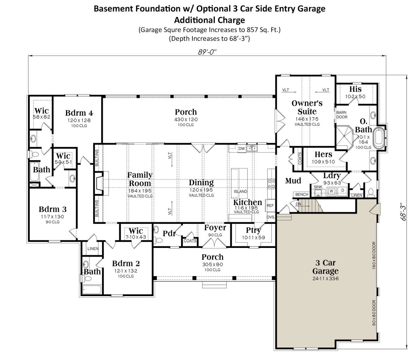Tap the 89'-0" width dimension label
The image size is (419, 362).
pyautogui.click(x=207, y=52)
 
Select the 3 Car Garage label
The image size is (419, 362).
pyautogui.click(x=325, y=267)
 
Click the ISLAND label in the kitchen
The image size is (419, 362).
pyautogui.click(x=240, y=191)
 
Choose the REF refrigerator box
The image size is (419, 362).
pyautogui.click(x=270, y=205)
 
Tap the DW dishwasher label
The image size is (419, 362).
pyautogui.click(x=241, y=149)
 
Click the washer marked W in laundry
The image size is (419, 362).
pyautogui.click(x=331, y=191)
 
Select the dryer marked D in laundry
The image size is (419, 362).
pyautogui.click(x=343, y=190)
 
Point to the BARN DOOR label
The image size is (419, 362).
pyautogui.click(x=342, y=115)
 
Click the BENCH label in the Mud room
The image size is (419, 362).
pyautogui.click(x=302, y=194)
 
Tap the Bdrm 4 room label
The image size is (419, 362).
pyautogui.click(x=79, y=113)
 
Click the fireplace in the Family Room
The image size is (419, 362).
pyautogui.click(x=99, y=183)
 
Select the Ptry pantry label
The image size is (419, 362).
pyautogui.click(x=253, y=231)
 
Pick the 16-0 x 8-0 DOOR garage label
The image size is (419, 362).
pyautogui.click(x=374, y=255)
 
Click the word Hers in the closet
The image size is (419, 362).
pyautogui.click(x=323, y=154)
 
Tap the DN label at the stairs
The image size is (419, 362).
pyautogui.click(x=299, y=204)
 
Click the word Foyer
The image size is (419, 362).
pyautogui.click(x=215, y=228)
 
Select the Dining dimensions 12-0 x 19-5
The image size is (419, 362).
pyautogui.click(x=201, y=190)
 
